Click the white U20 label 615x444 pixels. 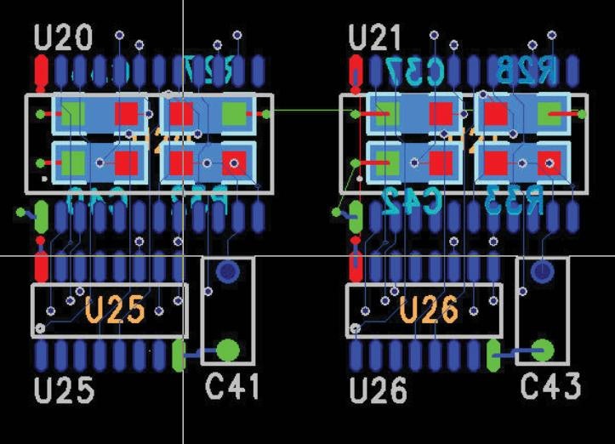[x=65, y=37]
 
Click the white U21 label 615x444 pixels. [x=379, y=37]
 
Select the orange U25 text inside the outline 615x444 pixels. [x=115, y=310]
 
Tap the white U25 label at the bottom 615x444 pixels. [x=65, y=390]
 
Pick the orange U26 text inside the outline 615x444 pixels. [x=429, y=310]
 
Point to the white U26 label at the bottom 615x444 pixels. [x=379, y=390]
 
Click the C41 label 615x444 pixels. [x=233, y=388]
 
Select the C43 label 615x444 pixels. [x=550, y=387]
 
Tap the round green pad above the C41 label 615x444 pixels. [x=227, y=349]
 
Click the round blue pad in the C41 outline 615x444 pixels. [x=227, y=272]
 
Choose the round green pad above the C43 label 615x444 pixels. [x=542, y=349]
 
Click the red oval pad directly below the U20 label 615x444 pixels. [x=41, y=71]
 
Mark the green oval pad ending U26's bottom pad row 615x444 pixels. [x=493, y=355]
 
